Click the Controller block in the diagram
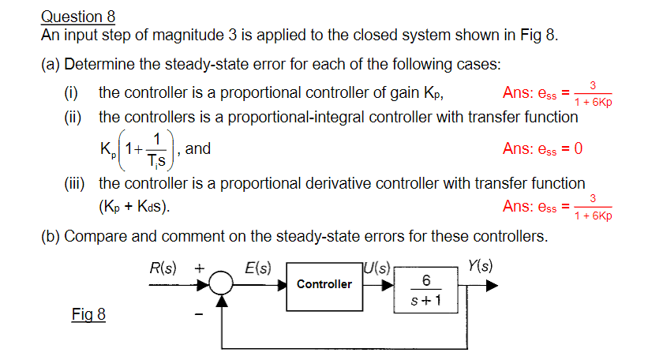click(x=324, y=284)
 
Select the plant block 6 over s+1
click(x=426, y=291)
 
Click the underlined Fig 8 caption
click(x=88, y=315)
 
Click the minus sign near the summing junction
click(x=200, y=315)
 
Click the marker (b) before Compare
click(x=51, y=236)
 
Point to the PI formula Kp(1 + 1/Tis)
click(x=135, y=148)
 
